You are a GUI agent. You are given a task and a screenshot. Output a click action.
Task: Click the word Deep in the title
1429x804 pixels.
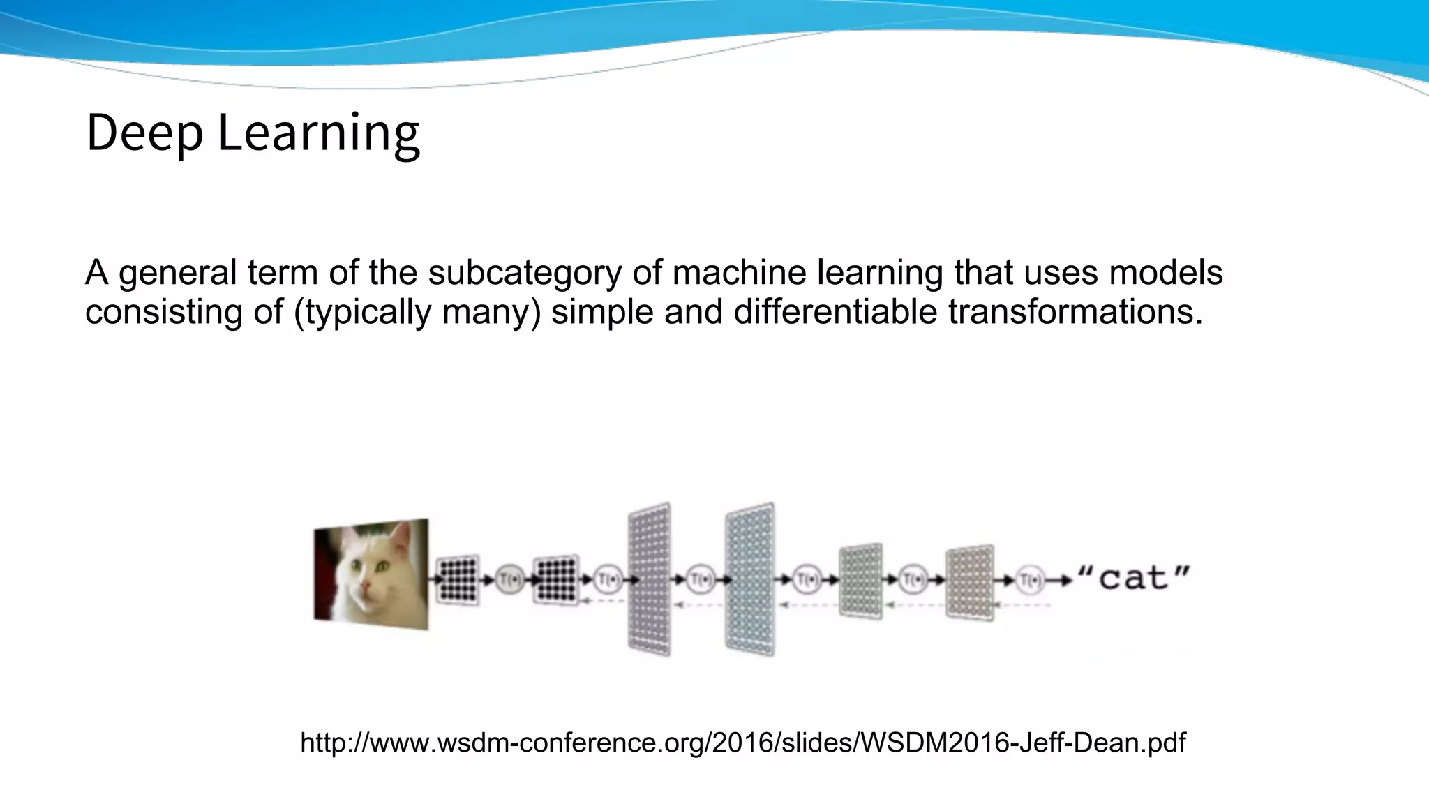144,133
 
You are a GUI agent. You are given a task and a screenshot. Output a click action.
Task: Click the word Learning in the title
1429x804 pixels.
319,133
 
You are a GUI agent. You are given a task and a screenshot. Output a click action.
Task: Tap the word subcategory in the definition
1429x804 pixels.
524,273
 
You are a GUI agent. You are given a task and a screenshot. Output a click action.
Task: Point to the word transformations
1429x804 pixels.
1075,312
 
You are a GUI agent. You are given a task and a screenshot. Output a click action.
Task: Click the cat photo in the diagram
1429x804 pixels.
371,574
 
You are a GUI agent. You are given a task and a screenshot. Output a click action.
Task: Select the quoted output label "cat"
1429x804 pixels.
1134,579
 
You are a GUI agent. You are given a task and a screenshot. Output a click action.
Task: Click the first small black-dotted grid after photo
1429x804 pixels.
458,579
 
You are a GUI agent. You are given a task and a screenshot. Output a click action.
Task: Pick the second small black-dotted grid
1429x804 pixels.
555,579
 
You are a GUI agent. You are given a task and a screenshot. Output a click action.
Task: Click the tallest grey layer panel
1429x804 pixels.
650,579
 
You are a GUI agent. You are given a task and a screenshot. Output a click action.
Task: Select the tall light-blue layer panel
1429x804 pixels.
749,579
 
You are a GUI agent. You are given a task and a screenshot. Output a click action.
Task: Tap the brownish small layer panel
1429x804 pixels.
970,582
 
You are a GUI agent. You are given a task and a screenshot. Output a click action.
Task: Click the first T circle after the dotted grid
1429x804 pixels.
509,579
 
